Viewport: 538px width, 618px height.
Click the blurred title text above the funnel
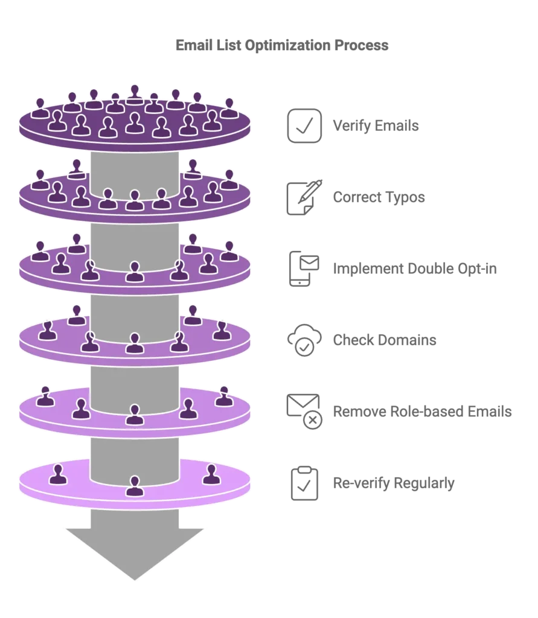click(282, 46)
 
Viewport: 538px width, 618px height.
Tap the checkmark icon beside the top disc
click(304, 126)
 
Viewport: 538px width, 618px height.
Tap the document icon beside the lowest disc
click(304, 482)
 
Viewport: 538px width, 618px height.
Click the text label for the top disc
click(374, 126)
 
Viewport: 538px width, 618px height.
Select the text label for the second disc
click(379, 197)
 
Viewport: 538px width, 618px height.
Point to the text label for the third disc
click(415, 268)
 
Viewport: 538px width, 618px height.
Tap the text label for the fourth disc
click(386, 340)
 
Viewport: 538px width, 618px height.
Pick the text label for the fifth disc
click(422, 412)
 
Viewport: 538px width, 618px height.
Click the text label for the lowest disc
click(395, 483)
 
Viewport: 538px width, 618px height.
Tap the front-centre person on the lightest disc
click(134, 485)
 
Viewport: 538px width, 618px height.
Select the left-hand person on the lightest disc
click(58, 474)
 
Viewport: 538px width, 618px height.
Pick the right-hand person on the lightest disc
click(210, 474)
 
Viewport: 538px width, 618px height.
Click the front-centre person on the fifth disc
click(134, 414)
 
